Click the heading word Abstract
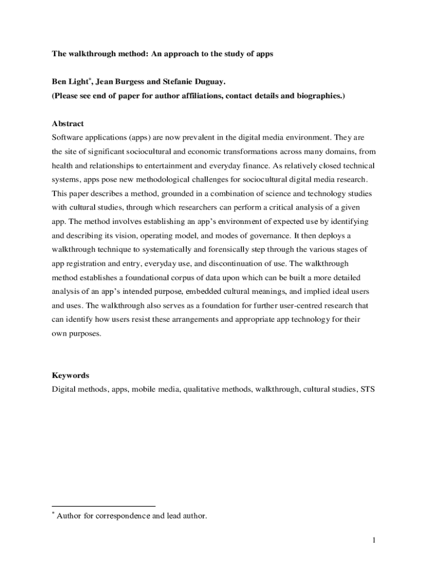tap(68, 123)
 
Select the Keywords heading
tap(71, 376)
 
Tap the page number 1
tap(375, 540)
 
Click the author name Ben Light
tap(69, 82)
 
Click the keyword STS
tap(367, 390)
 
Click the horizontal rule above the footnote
tap(103, 506)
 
